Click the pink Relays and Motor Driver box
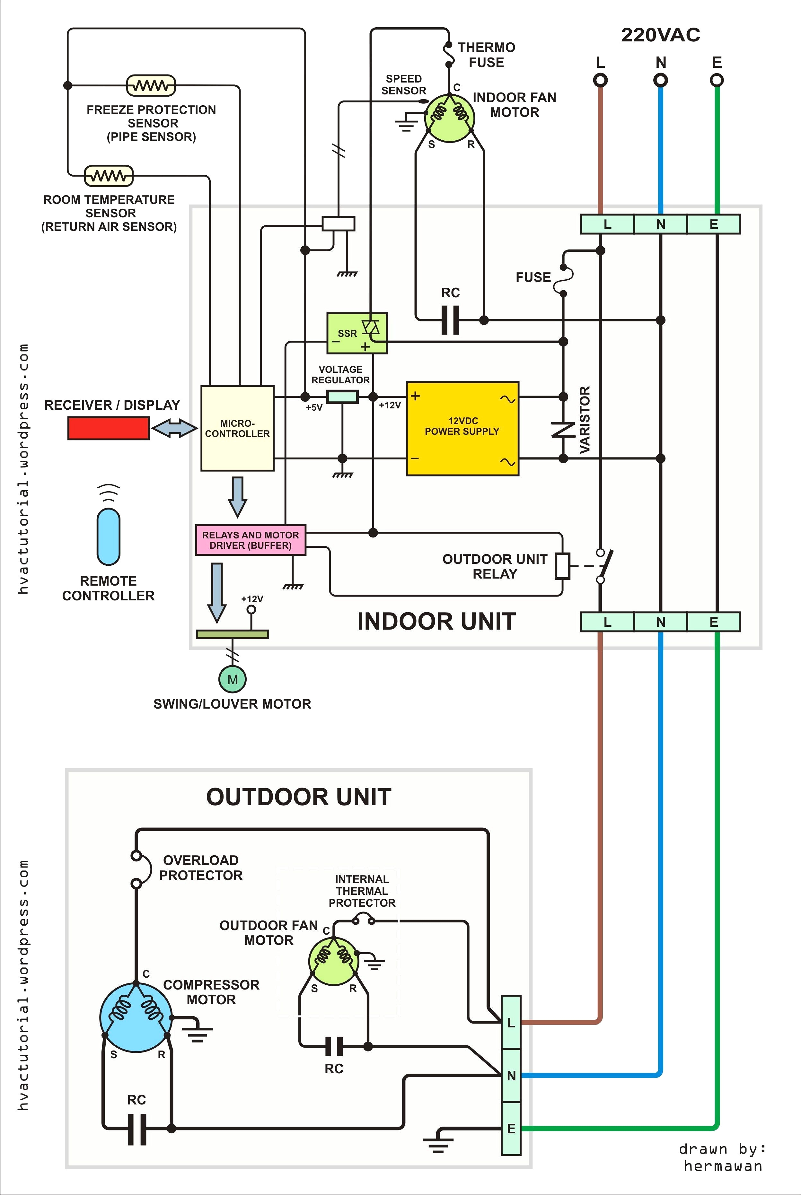click(x=250, y=540)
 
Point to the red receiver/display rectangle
click(x=108, y=428)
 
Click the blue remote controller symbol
click(x=108, y=536)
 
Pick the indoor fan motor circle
click(x=450, y=118)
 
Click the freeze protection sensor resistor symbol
click(x=151, y=85)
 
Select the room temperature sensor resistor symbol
click(x=108, y=176)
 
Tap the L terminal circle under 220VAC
click(x=600, y=80)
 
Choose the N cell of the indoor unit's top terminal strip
click(x=661, y=224)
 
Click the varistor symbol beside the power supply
click(x=563, y=429)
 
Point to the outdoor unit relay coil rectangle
click(x=562, y=566)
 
